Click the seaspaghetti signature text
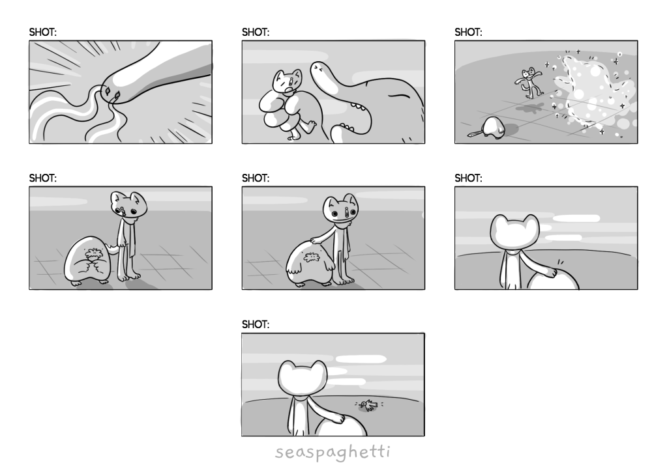333,452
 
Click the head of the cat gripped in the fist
287,81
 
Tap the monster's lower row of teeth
346,126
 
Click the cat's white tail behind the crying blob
112,249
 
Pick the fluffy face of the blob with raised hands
92,254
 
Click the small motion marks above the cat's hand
561,262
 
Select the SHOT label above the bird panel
256,324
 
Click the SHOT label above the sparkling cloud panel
468,32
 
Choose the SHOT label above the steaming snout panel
42,32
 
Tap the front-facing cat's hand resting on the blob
316,240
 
